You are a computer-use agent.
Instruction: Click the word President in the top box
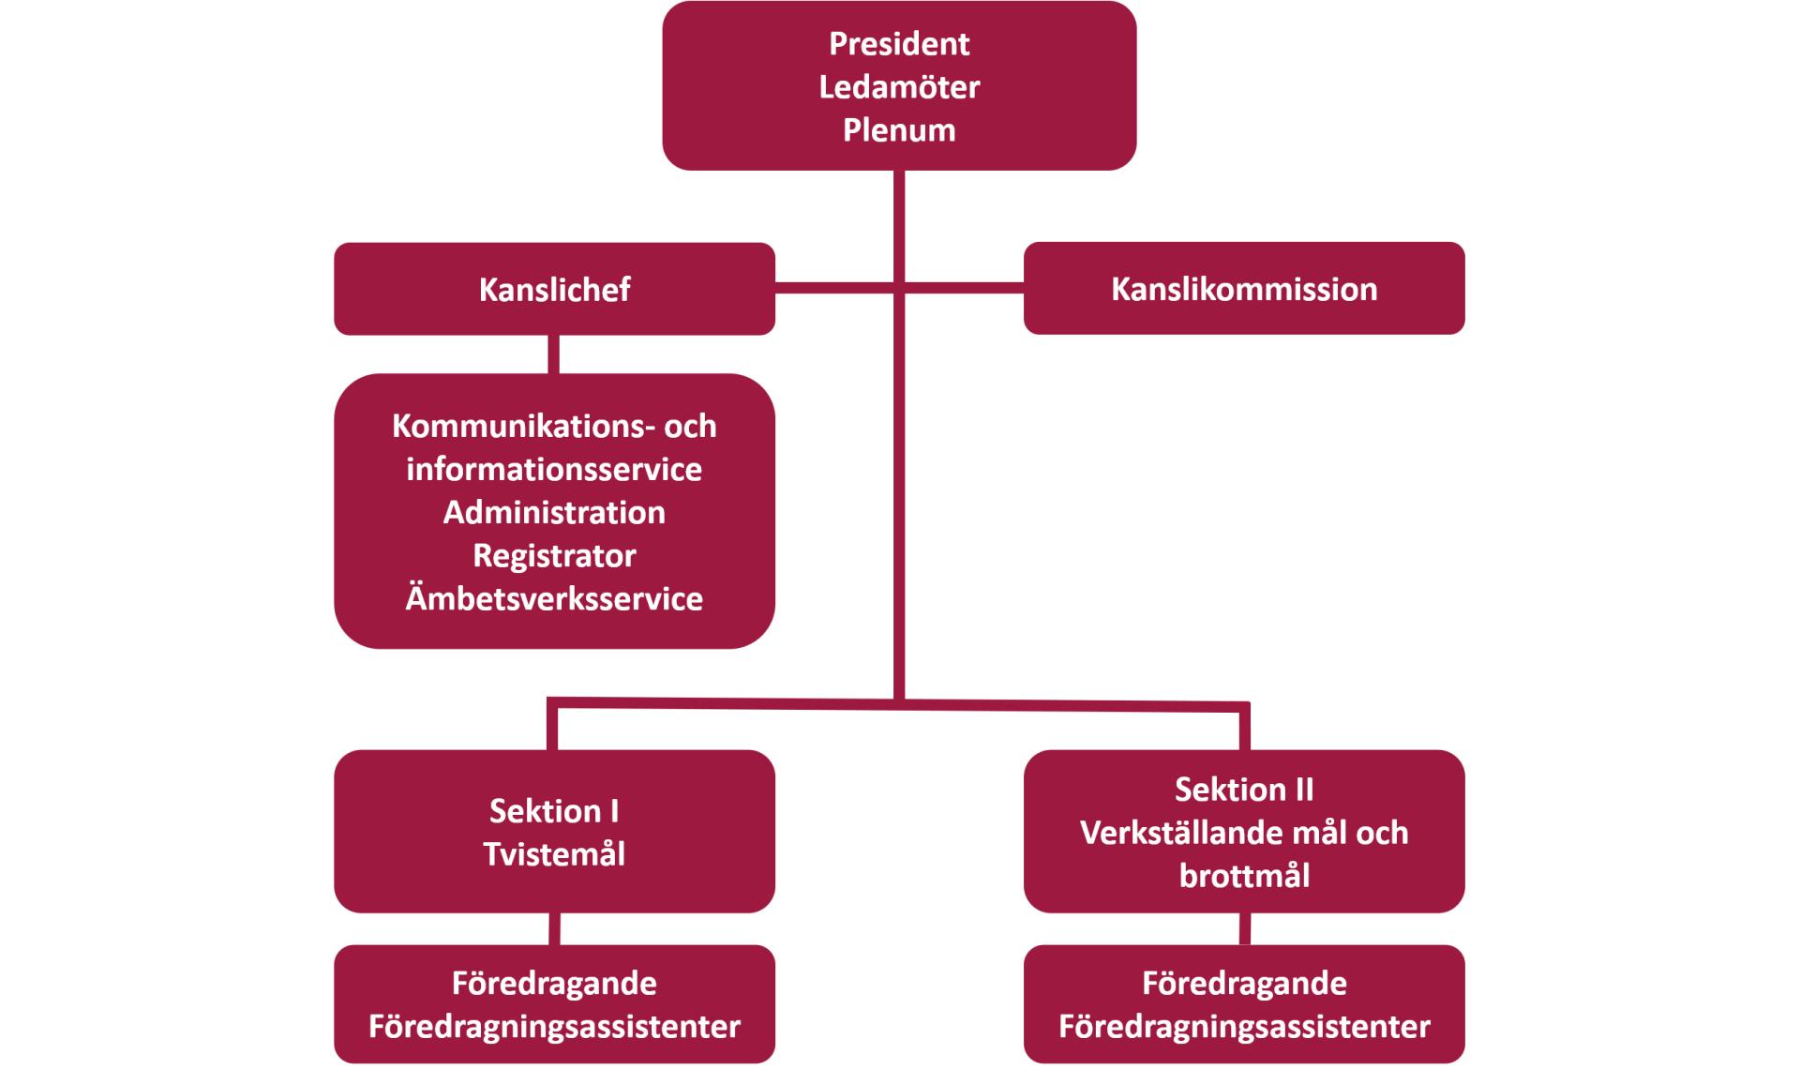[899, 44]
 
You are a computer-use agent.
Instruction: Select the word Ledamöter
[899, 87]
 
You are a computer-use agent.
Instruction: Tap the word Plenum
[899, 130]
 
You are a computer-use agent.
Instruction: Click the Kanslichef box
[554, 289]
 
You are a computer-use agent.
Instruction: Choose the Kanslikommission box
[1244, 289]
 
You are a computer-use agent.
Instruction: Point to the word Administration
[554, 513]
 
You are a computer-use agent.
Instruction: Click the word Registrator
[554, 556]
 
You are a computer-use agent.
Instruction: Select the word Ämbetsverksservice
[554, 599]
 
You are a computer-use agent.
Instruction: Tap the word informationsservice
[554, 470]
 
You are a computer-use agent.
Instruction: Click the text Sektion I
[554, 811]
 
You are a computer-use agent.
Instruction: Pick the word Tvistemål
[554, 854]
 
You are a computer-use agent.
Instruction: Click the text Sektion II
[1244, 790]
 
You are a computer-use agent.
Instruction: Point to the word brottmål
[1244, 876]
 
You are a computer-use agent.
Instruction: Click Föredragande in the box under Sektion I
[554, 984]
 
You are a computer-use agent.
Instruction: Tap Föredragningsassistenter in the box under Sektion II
[1244, 1027]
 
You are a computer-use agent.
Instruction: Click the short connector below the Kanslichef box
[554, 354]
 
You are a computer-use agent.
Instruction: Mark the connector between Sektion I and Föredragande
[554, 929]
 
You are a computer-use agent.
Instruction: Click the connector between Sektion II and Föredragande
[1245, 929]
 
